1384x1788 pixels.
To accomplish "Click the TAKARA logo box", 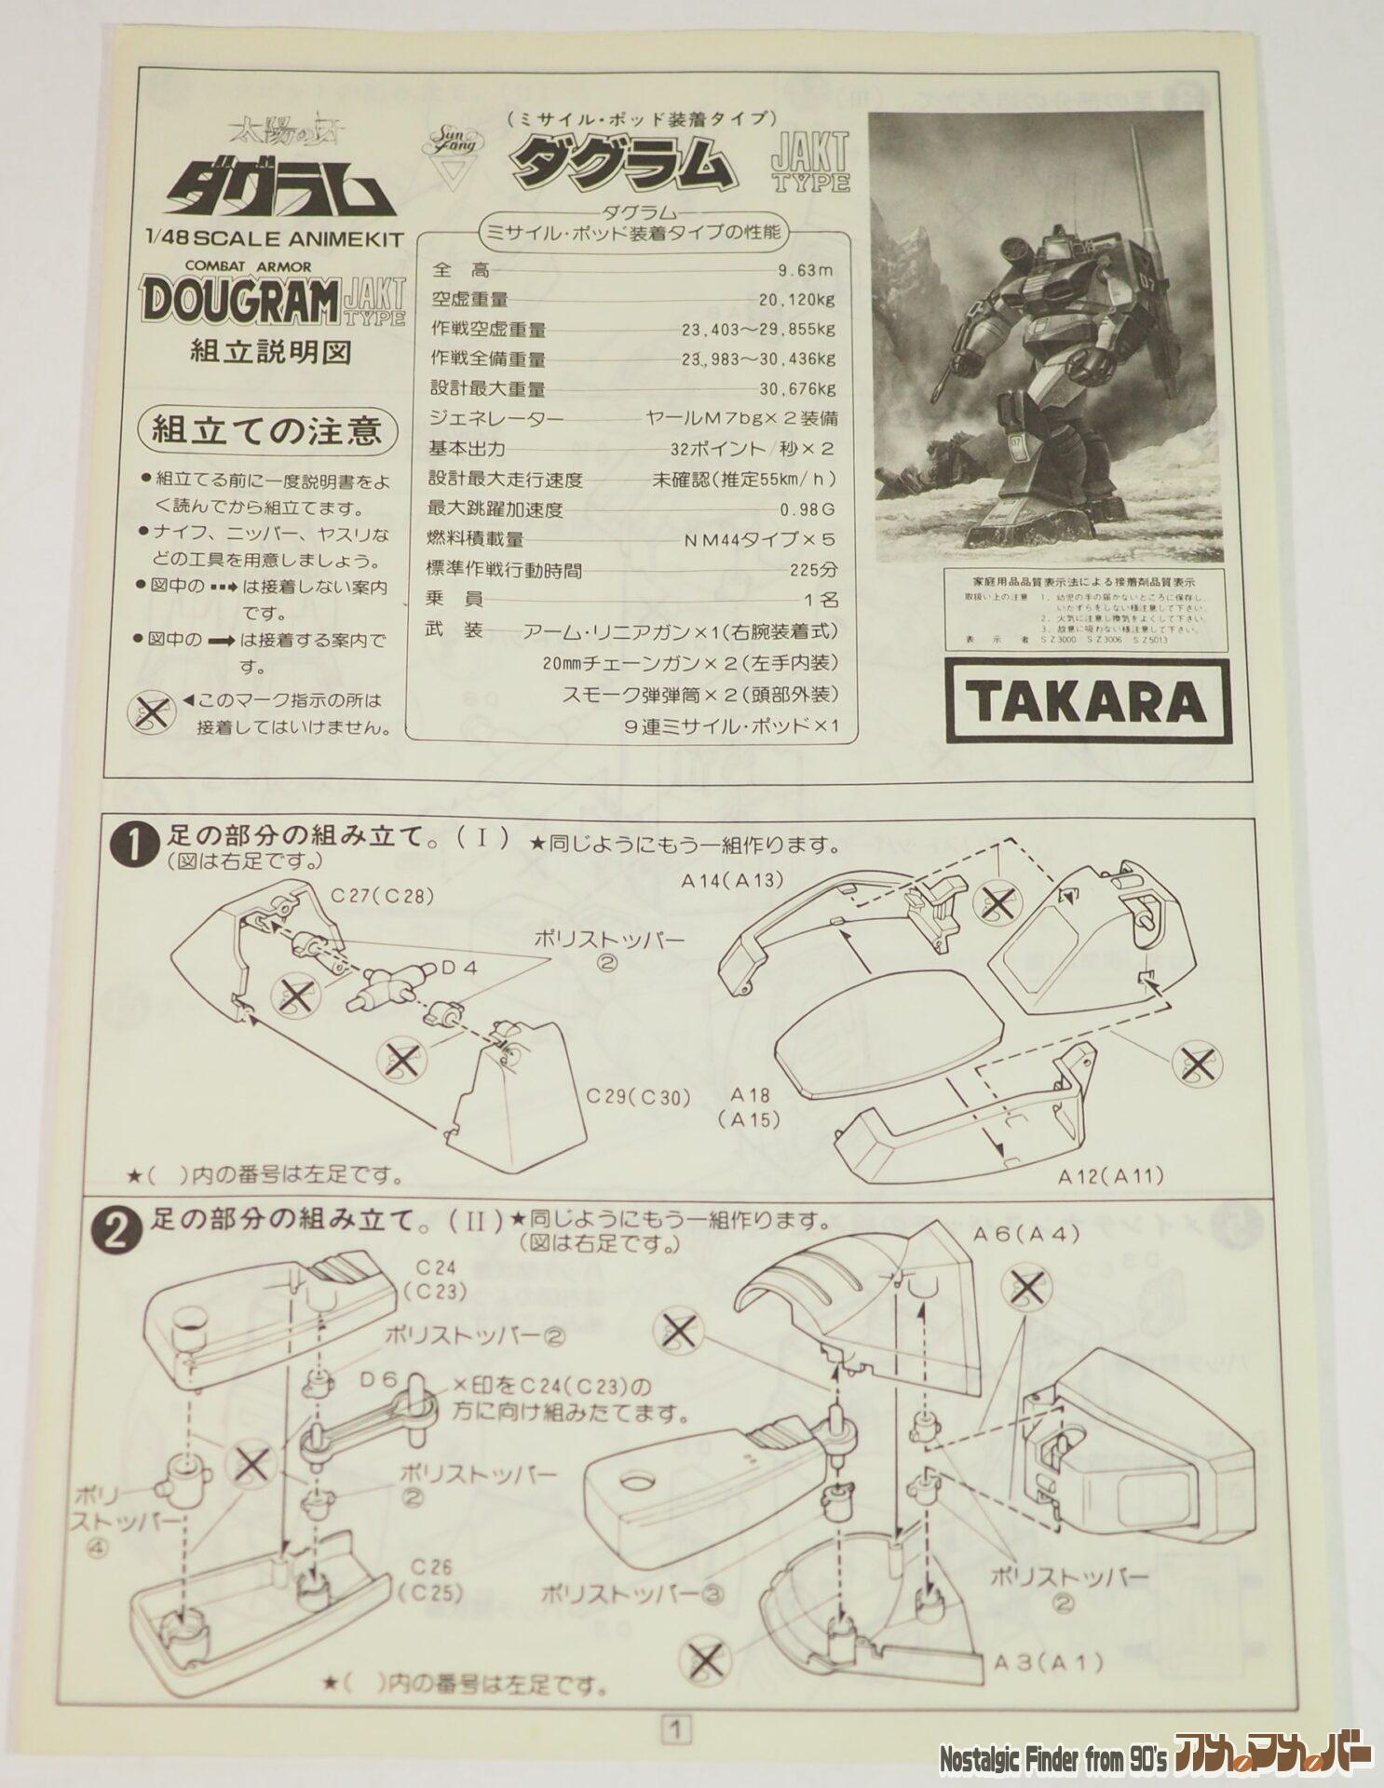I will [x=1083, y=700].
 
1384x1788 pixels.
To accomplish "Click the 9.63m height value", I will [x=806, y=271].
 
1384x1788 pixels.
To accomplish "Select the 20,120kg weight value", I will [x=796, y=300].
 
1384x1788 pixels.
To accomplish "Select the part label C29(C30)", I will [x=638, y=1097].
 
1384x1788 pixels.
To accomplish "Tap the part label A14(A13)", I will [x=731, y=880].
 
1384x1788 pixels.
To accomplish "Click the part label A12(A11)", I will [x=1111, y=1175].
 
